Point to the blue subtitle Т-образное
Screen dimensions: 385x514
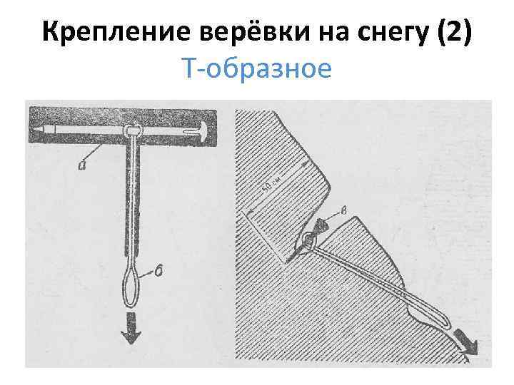tap(257, 70)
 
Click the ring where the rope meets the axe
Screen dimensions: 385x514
tap(132, 130)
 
